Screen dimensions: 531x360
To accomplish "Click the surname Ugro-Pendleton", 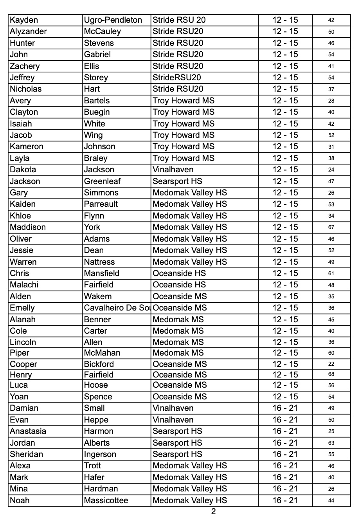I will (x=113, y=20).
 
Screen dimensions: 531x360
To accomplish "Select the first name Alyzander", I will (x=28, y=31).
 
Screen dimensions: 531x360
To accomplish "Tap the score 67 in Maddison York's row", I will (x=331, y=227).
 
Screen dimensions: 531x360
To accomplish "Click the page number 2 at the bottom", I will (x=213, y=511).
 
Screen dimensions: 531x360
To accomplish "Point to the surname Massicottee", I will (x=106, y=500).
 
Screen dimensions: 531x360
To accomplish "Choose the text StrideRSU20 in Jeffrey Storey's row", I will (x=176, y=78).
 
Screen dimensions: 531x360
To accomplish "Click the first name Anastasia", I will (x=28, y=431).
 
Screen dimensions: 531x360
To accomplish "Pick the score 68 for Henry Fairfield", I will (x=331, y=374).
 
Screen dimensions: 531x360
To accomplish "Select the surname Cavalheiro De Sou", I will (x=117, y=308).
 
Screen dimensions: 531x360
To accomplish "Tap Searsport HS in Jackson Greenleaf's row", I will (x=177, y=181).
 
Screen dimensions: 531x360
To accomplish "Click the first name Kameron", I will (x=27, y=146).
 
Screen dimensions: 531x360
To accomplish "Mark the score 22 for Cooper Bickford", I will (x=331, y=364).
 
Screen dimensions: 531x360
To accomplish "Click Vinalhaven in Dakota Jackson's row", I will (x=173, y=170).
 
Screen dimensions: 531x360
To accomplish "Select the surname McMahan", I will (x=102, y=353).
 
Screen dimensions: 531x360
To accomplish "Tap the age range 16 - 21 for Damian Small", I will (x=285, y=408).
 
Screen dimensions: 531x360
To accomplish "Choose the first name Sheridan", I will (x=26, y=454).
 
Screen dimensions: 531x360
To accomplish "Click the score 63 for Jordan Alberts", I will (x=331, y=443).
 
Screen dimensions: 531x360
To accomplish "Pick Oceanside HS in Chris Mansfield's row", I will (x=179, y=273).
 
